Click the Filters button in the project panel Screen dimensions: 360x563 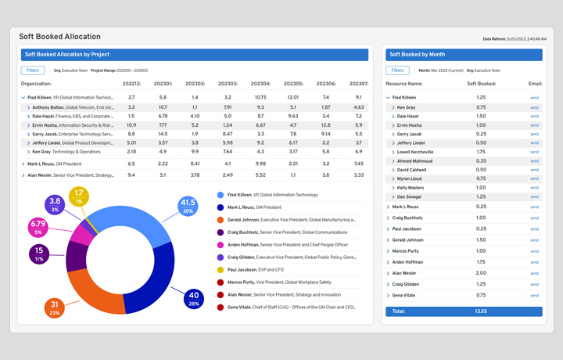[33, 70]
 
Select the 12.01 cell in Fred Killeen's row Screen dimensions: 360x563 [293, 97]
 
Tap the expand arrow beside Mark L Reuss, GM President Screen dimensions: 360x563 [23, 164]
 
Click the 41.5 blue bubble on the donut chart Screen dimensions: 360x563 [187, 207]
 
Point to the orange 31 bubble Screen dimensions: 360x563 [54, 308]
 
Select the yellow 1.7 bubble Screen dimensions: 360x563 [79, 196]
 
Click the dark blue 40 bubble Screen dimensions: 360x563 [194, 298]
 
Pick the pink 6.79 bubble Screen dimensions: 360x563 [38, 228]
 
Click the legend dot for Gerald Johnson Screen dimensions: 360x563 [221, 220]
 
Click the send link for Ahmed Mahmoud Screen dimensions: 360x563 [535, 160]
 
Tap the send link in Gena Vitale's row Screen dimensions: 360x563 [535, 295]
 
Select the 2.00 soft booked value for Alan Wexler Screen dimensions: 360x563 [481, 272]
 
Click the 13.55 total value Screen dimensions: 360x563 [481, 311]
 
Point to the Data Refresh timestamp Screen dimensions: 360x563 [514, 38]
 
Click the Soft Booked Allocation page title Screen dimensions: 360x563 [59, 37]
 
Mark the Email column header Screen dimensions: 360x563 [535, 84]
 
